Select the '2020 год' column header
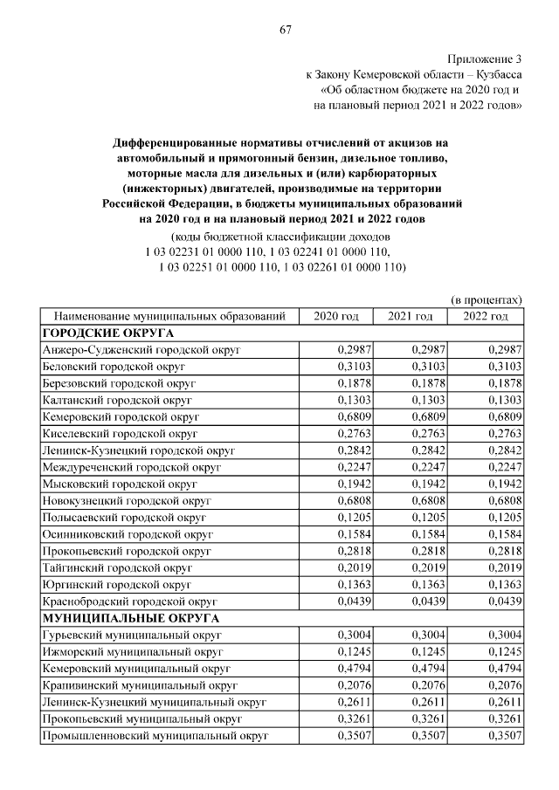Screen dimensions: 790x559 coord(336,315)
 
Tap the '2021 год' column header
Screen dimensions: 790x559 coord(411,315)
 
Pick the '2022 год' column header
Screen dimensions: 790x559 coord(486,315)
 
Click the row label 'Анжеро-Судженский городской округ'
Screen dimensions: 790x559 coord(141,349)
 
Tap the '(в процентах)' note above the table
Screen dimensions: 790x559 coord(487,298)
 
